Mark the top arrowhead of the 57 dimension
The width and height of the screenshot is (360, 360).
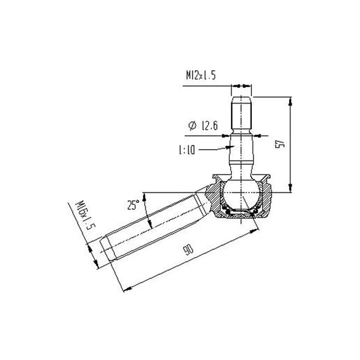[x=290, y=100]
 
